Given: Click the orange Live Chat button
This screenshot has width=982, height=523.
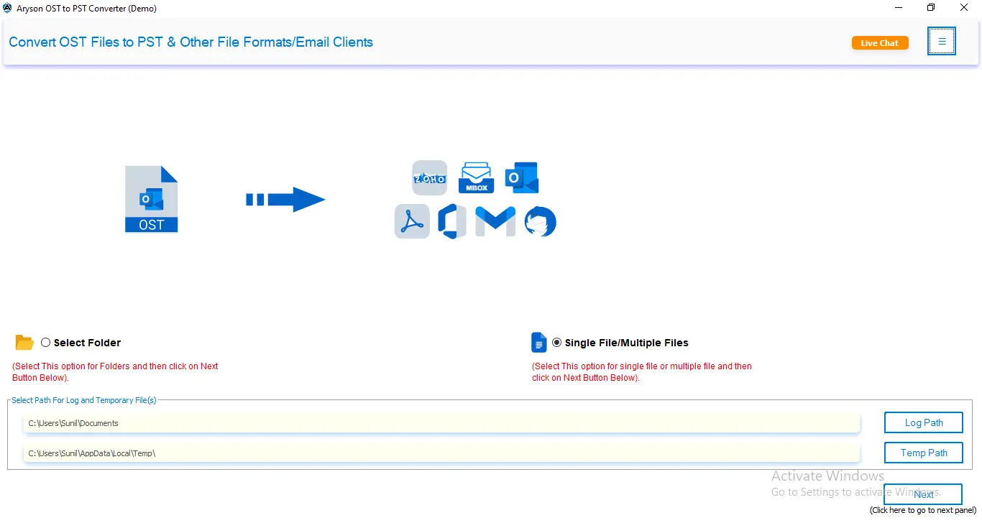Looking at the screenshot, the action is point(880,43).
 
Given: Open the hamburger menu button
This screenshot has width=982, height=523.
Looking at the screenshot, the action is point(941,41).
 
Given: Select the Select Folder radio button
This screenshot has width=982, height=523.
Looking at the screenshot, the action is point(45,343).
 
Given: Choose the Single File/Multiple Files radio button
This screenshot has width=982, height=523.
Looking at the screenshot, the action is point(556,343).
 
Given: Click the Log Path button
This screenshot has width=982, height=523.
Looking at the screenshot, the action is point(923,422).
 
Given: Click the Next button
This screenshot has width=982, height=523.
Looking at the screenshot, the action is point(923,494).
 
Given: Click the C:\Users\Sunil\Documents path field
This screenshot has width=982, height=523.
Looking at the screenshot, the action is point(441,423).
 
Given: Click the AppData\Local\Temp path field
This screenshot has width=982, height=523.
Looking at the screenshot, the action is point(441,453).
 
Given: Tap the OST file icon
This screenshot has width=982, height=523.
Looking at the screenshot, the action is point(151,199).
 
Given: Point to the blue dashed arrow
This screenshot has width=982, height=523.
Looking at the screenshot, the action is point(285,200).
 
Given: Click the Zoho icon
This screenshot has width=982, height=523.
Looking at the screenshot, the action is point(430,178).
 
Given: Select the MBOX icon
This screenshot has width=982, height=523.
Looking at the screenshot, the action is point(476,177).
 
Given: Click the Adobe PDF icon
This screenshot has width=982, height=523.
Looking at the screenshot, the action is point(412,221).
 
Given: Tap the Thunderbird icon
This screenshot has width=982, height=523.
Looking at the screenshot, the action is point(541,221).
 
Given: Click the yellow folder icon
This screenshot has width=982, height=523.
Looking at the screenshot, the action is point(24,342).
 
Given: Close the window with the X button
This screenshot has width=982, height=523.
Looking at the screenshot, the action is point(963,7).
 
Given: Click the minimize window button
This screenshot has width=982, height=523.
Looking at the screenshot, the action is point(899,7).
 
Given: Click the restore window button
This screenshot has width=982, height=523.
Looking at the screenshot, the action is point(931,7).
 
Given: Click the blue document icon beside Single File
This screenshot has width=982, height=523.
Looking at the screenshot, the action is point(538,343).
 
